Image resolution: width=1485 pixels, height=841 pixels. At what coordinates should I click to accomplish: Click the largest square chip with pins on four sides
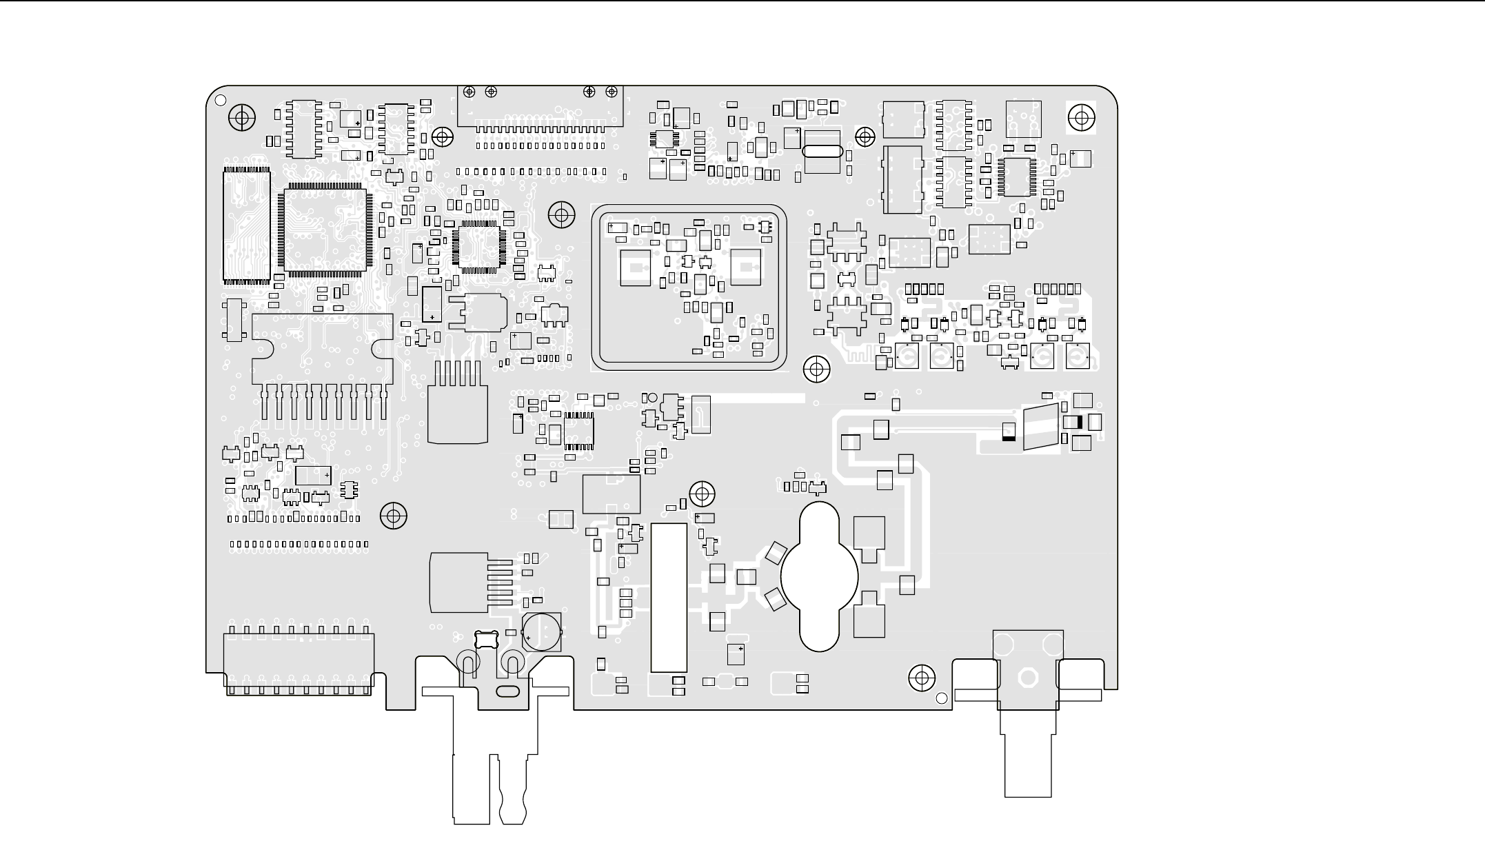tap(324, 230)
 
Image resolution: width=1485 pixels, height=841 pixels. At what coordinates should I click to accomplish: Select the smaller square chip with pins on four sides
tap(478, 245)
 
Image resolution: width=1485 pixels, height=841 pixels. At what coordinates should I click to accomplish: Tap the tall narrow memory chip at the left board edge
tap(246, 225)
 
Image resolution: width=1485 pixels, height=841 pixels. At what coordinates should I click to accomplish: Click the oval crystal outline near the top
tap(822, 152)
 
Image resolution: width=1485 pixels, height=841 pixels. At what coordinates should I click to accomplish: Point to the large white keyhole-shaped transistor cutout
tap(820, 576)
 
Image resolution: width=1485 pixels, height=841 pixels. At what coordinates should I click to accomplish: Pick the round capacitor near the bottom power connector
tap(541, 631)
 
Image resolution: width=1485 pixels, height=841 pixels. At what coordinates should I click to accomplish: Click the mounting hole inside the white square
tap(1081, 118)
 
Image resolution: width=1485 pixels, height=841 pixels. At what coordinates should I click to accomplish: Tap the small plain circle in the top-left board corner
tap(221, 100)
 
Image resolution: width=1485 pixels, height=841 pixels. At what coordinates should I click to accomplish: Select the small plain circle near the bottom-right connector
tap(942, 698)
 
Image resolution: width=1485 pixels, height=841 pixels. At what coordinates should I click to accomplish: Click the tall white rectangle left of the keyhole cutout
tap(669, 597)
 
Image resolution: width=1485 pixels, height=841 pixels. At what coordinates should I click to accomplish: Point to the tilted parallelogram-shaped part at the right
tap(1040, 428)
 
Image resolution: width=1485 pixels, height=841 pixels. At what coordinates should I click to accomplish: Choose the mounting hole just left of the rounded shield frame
tap(561, 216)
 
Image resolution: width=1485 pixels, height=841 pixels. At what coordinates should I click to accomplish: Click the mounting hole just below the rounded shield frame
tap(817, 369)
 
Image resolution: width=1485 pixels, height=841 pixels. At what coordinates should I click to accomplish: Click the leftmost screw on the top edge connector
tap(469, 92)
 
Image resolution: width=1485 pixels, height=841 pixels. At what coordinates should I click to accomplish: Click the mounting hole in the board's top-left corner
tap(241, 118)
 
